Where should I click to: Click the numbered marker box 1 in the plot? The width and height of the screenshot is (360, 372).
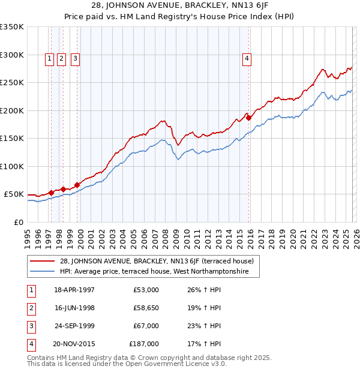click(50, 59)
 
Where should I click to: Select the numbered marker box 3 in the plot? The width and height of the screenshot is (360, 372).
click(75, 59)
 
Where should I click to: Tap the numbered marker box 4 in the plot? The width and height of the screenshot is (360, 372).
click(247, 59)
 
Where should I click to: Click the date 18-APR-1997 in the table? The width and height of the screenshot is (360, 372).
click(74, 290)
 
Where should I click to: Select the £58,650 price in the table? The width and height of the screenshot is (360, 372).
click(144, 308)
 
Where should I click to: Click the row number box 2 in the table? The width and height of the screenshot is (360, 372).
click(30, 308)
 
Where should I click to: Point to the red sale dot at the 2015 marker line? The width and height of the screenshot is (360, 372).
click(248, 118)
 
